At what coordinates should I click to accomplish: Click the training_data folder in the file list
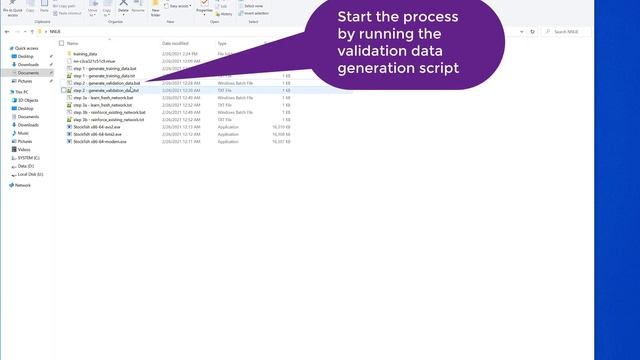tap(85, 54)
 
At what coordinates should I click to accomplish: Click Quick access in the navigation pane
tap(26, 48)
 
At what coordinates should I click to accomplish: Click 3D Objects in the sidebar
tap(27, 100)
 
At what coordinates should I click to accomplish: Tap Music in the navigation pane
tap(23, 133)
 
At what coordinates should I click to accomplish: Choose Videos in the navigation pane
tap(24, 149)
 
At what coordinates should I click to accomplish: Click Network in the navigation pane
tap(22, 185)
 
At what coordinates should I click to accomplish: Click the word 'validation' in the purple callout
tap(371, 50)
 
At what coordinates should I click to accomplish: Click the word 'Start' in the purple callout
tap(359, 17)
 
